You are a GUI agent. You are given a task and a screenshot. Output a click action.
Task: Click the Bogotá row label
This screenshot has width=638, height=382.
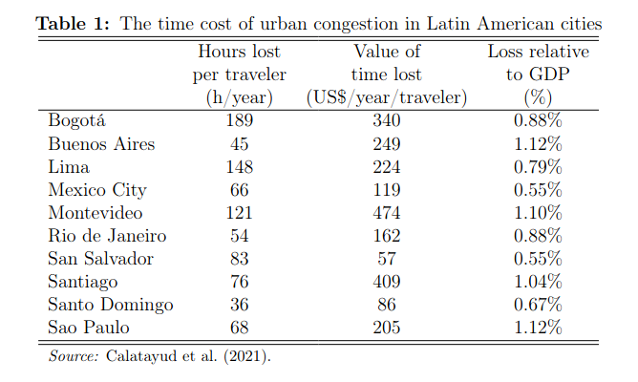pyautogui.click(x=76, y=121)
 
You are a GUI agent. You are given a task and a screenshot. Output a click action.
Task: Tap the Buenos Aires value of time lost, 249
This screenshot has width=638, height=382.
pyautogui.click(x=386, y=144)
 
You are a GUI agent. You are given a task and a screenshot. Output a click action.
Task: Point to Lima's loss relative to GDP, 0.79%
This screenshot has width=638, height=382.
pyautogui.click(x=538, y=167)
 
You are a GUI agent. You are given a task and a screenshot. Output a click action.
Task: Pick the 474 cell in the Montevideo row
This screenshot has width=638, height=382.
pyautogui.click(x=386, y=213)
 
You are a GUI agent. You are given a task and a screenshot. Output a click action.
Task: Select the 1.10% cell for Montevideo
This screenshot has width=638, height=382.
pyautogui.click(x=538, y=213)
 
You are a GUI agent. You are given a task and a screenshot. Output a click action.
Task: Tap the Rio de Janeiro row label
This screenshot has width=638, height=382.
pyautogui.click(x=107, y=236)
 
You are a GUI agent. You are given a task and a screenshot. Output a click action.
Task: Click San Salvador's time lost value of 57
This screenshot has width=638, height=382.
pyautogui.click(x=386, y=259)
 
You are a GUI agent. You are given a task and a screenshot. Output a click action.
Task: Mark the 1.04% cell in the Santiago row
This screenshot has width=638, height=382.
pyautogui.click(x=538, y=282)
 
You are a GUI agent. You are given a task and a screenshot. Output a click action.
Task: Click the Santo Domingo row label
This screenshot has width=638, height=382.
pyautogui.click(x=110, y=305)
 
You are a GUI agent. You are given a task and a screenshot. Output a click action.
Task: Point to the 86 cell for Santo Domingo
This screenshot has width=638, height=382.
pyautogui.click(x=386, y=305)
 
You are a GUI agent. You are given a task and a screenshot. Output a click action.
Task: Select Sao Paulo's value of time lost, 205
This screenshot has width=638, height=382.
pyautogui.click(x=386, y=328)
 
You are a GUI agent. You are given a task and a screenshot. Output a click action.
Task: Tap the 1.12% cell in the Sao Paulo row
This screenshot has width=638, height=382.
pyautogui.click(x=538, y=328)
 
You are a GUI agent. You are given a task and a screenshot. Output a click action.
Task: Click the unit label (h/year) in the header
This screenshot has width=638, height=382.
pyautogui.click(x=240, y=96)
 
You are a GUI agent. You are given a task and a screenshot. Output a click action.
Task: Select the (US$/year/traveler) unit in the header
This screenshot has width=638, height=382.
pyautogui.click(x=386, y=96)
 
